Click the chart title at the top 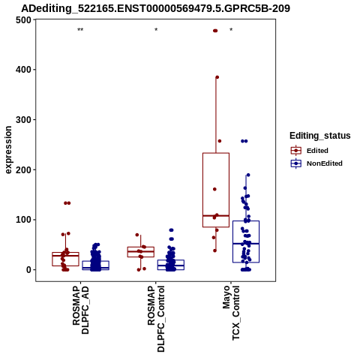pyautogui.click(x=155, y=8)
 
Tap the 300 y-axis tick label pyautogui.click(x=23, y=119)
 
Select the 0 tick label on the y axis pyautogui.click(x=28, y=270)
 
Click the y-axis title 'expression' pyautogui.click(x=8, y=150)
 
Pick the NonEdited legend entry pyautogui.click(x=316, y=163)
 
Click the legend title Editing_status pyautogui.click(x=320, y=136)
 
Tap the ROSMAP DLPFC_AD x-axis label pyautogui.click(x=80, y=310)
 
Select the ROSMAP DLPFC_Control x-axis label pyautogui.click(x=156, y=319)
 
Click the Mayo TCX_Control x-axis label pyautogui.click(x=231, y=313)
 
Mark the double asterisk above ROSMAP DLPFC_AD pyautogui.click(x=80, y=30)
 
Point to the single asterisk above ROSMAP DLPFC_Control pyautogui.click(x=156, y=30)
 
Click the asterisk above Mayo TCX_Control pyautogui.click(x=231, y=30)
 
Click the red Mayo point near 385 pyautogui.click(x=217, y=77)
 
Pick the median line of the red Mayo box pyautogui.click(x=216, y=215)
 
